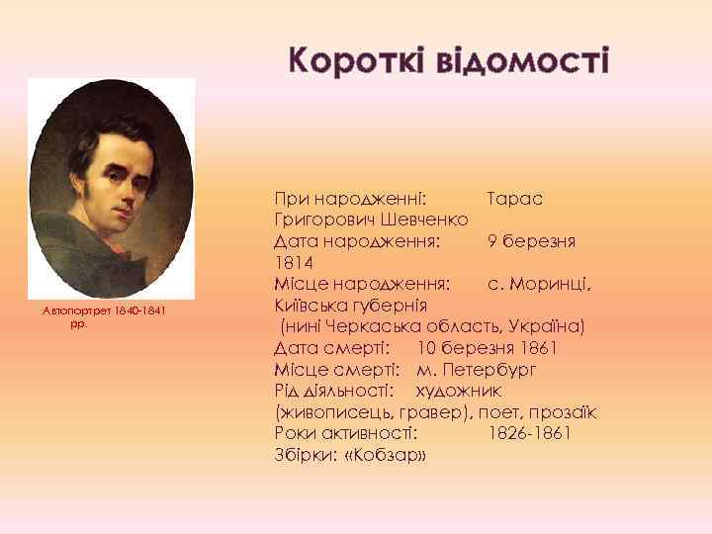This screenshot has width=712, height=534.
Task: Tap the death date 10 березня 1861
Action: pos(487,349)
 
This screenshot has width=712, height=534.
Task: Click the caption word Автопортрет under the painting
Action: pos(71,311)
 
